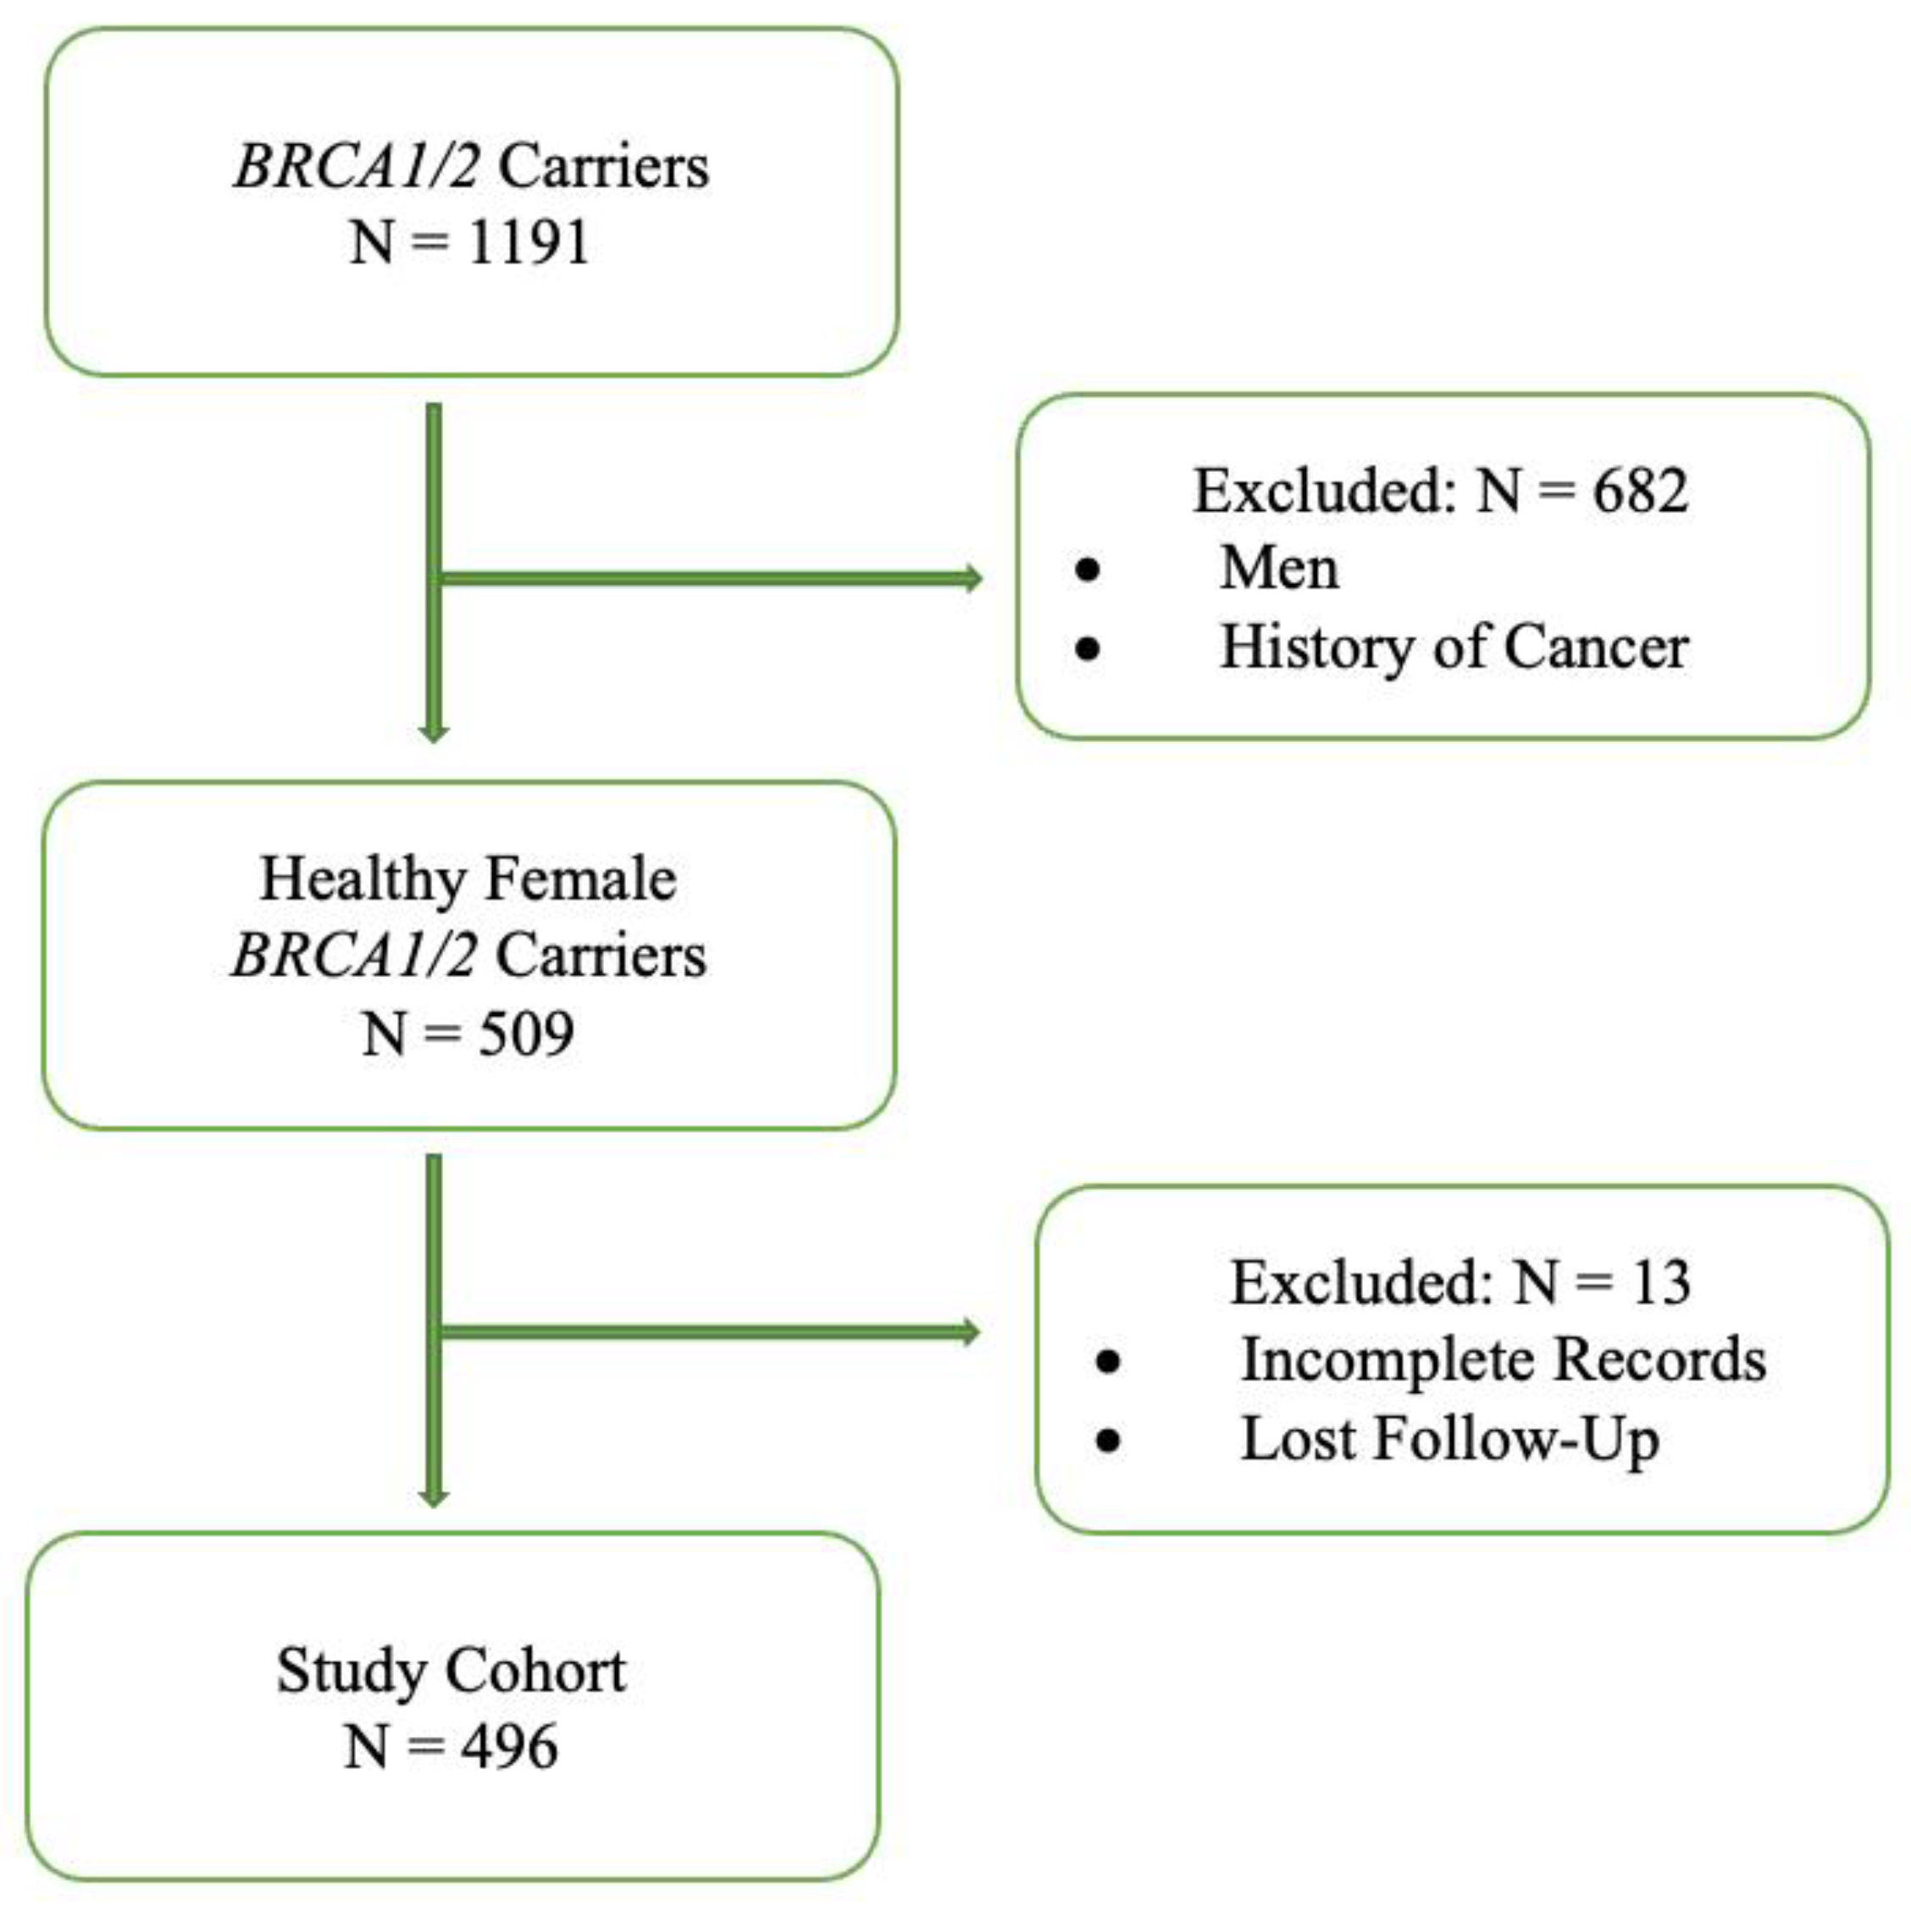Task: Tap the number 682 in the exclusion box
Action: pos(1639,491)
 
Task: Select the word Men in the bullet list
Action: pos(1279,569)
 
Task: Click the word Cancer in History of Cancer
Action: pos(1596,648)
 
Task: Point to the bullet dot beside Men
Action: pos(1087,571)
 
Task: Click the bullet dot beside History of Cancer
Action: pos(1087,649)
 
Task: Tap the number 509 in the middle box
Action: pos(525,1034)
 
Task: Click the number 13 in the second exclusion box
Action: pos(1661,1283)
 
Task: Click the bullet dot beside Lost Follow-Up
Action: pos(1108,1440)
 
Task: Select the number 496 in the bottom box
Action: pos(508,1748)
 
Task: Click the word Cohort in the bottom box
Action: pos(535,1671)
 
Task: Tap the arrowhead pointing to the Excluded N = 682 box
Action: pos(972,579)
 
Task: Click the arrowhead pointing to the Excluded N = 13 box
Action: pos(971,1333)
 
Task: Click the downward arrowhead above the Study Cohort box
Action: pos(433,1496)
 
